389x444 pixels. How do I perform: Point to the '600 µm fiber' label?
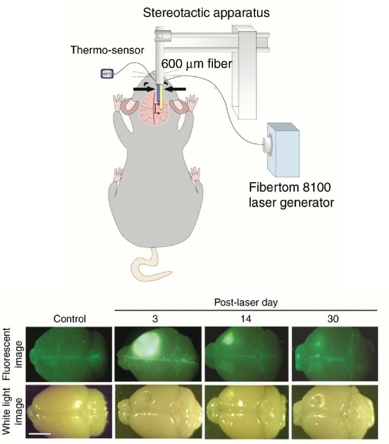click(196, 64)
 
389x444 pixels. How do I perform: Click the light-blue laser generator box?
click(281, 149)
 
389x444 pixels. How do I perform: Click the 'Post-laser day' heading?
click(246, 303)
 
